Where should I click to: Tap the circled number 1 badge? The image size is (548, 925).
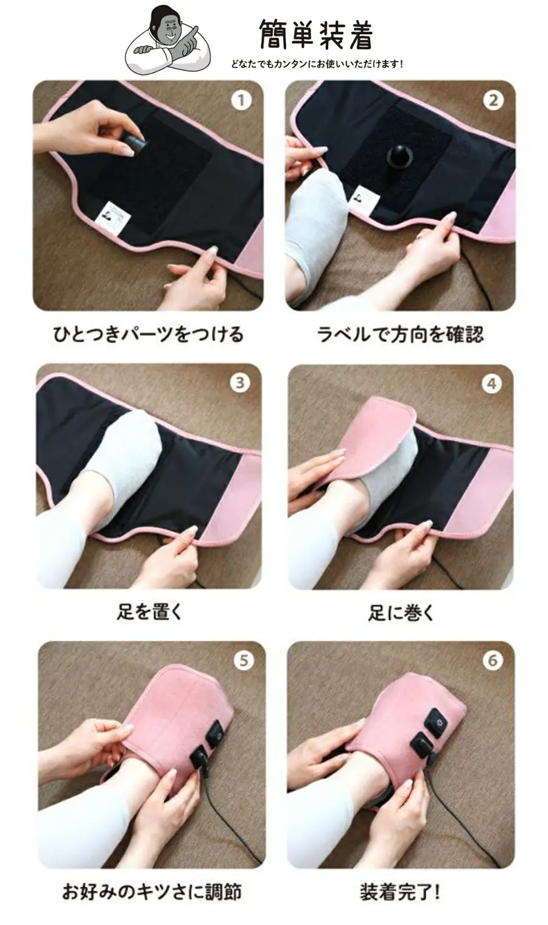click(241, 100)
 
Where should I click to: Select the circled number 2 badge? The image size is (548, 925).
click(493, 100)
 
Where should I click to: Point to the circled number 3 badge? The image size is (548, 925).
click(240, 383)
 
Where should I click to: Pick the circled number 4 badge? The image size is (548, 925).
click(492, 384)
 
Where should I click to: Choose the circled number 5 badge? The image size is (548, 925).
click(244, 660)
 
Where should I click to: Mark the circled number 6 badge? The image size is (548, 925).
click(493, 660)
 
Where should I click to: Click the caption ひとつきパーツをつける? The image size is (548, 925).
click(148, 334)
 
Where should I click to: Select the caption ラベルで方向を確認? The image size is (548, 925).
click(400, 334)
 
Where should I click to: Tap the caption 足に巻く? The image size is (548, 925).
click(401, 612)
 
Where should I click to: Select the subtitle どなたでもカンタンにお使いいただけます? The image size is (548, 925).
click(317, 64)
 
